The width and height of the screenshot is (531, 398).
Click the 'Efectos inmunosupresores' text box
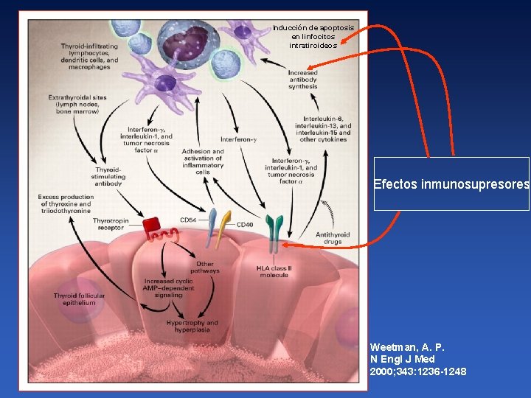click(x=451, y=184)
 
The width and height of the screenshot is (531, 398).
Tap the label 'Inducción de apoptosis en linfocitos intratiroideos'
click(x=313, y=36)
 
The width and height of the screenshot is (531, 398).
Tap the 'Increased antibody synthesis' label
click(x=302, y=80)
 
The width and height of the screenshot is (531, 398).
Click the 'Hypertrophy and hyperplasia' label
click(x=192, y=327)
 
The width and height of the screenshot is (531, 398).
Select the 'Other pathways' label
click(x=205, y=267)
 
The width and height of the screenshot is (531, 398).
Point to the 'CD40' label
click(x=244, y=224)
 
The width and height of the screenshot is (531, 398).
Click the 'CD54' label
click(x=188, y=220)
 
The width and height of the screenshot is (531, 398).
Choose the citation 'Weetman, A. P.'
click(x=407, y=346)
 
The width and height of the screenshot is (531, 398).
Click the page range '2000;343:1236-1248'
click(x=417, y=371)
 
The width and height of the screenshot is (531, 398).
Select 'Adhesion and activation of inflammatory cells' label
click(x=202, y=161)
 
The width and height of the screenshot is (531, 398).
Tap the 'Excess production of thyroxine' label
click(x=66, y=203)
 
